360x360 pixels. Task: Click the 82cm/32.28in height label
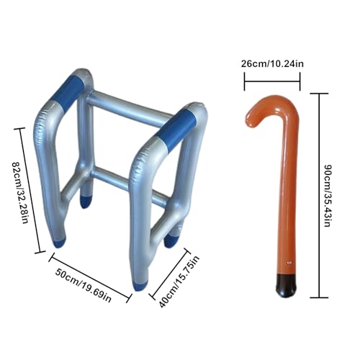point(20,193)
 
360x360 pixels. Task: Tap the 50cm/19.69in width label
point(84,285)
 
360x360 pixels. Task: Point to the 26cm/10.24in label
point(272,64)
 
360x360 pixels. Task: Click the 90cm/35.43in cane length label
point(328,195)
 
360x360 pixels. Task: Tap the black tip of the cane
point(287,286)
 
